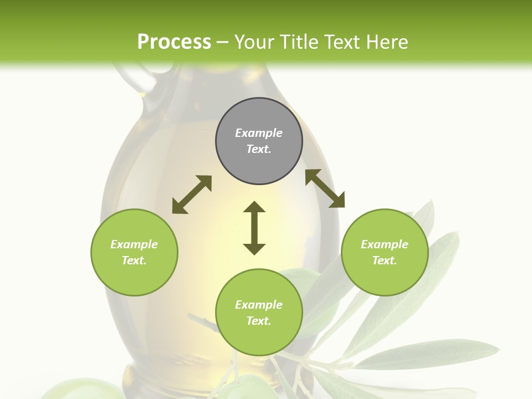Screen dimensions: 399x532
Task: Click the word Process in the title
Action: [x=174, y=42]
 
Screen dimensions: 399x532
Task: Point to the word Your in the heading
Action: [x=254, y=42]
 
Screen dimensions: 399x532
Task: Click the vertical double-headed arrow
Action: [x=254, y=228]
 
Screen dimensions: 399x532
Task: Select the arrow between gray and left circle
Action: [x=192, y=195]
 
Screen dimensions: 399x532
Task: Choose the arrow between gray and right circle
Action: [x=325, y=188]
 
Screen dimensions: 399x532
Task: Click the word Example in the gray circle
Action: [x=259, y=133]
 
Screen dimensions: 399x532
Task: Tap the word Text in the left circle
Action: [x=134, y=260]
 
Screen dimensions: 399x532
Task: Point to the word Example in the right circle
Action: [x=385, y=244]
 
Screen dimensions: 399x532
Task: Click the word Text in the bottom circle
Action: [x=259, y=321]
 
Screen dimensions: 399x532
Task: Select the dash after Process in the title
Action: [x=222, y=43]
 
